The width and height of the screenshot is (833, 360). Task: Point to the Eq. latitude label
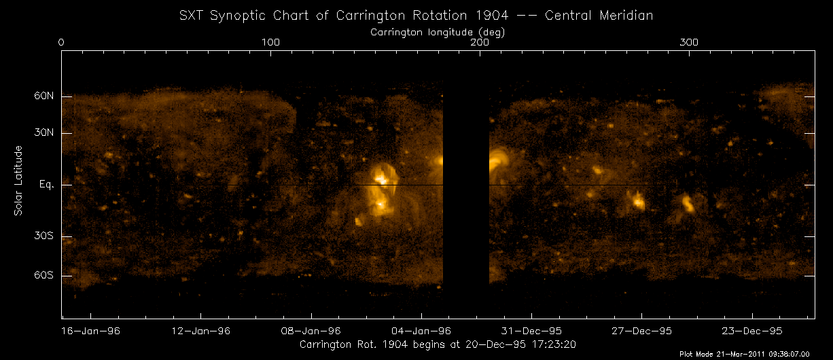pos(47,185)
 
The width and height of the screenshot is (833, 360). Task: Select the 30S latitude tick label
pos(44,236)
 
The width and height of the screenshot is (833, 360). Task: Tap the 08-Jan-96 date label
pos(311,331)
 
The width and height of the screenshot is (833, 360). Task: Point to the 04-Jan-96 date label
pos(421,331)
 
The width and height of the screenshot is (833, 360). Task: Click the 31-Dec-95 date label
pos(531,331)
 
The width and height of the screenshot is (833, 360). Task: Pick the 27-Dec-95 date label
pos(641,331)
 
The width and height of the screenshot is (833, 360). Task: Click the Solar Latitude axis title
pos(19,181)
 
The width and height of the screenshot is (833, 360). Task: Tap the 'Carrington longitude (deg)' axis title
pos(438,31)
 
